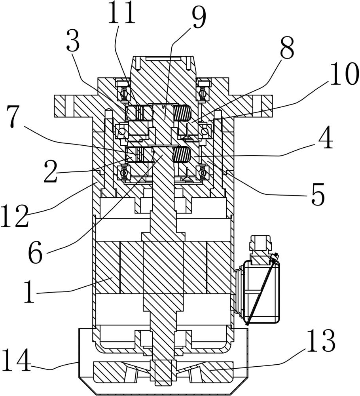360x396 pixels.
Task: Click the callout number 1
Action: tap(30, 292)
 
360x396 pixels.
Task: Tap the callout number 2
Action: tap(51, 171)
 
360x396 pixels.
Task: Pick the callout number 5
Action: tap(318, 195)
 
